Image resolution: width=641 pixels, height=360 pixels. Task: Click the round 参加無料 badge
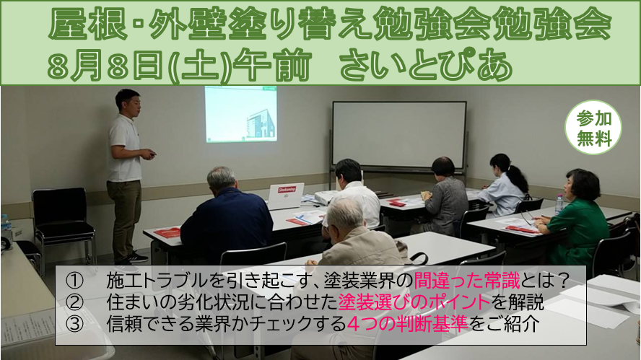[x=593, y=128]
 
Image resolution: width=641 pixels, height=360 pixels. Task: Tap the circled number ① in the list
[x=74, y=281]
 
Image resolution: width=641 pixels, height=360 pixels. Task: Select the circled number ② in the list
[x=74, y=302]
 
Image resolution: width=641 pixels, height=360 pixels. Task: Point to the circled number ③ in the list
[x=74, y=324]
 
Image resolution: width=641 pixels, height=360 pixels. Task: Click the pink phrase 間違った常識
[x=467, y=281]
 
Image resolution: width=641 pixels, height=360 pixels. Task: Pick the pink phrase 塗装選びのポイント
[x=414, y=302]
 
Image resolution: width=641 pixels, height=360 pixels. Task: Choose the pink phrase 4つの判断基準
[x=407, y=324]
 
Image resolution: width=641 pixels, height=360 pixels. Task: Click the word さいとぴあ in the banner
[x=426, y=66]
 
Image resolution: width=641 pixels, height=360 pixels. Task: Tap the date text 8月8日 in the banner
[x=106, y=66]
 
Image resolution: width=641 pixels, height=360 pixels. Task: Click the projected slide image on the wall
[x=241, y=115]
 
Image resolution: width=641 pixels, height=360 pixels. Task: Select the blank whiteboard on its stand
[x=399, y=135]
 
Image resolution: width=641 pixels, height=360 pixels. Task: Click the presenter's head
[x=128, y=102]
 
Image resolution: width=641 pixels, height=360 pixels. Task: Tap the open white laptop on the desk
[x=285, y=196]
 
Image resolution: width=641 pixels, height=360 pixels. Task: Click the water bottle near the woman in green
[x=559, y=204]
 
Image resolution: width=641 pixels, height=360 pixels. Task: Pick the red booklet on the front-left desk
[x=167, y=233]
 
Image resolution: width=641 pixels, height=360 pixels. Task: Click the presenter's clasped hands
[x=149, y=154]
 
